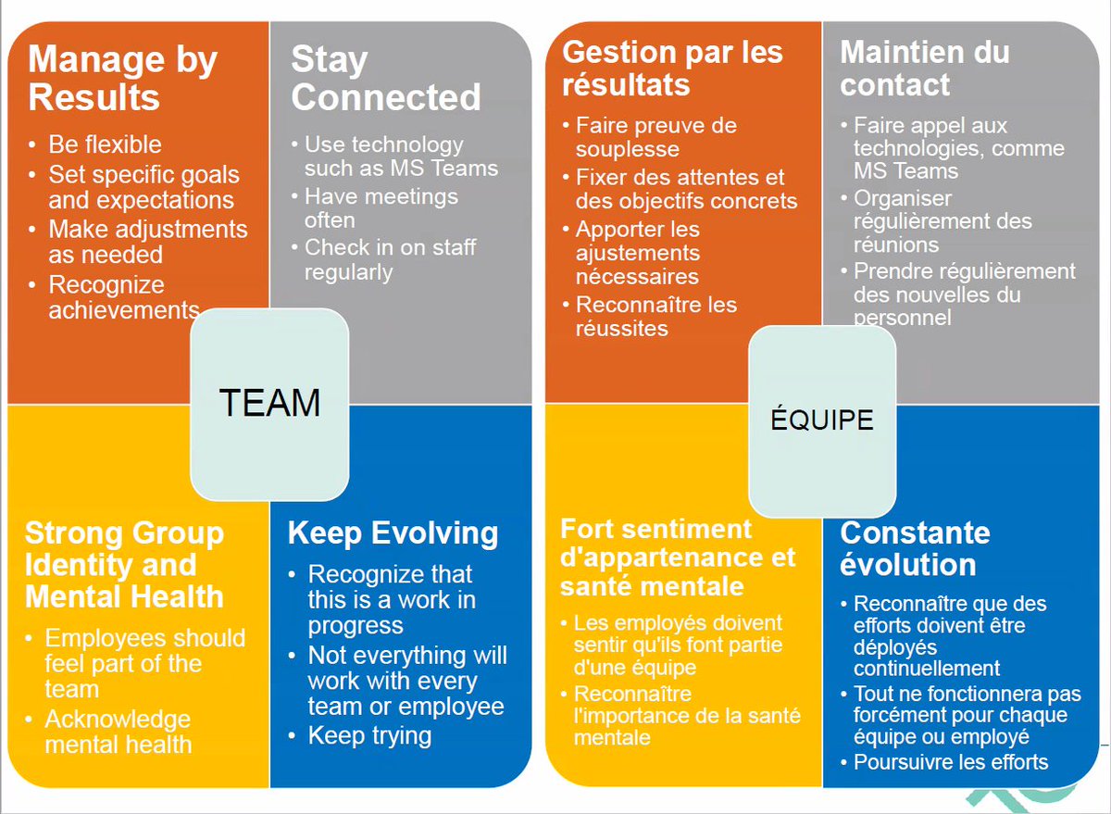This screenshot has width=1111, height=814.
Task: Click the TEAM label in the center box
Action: pyautogui.click(x=269, y=403)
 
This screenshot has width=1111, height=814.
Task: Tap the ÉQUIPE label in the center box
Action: pyautogui.click(x=821, y=420)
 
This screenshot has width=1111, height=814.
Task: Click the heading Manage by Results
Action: pyautogui.click(x=122, y=79)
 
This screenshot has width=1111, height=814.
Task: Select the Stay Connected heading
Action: pyautogui.click(x=385, y=79)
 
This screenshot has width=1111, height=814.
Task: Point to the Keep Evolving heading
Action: pyautogui.click(x=393, y=533)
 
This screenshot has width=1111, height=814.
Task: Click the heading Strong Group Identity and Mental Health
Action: pyautogui.click(x=124, y=565)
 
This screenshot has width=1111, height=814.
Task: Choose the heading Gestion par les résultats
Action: pyautogui.click(x=672, y=69)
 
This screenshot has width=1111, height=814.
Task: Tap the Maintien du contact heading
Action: pyautogui.click(x=924, y=69)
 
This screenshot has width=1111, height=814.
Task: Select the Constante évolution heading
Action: pyautogui.click(x=915, y=549)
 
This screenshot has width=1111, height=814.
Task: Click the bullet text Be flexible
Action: pyautogui.click(x=105, y=144)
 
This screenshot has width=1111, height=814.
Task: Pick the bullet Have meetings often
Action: pyautogui.click(x=381, y=208)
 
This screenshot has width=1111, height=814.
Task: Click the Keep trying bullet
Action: pyautogui.click(x=369, y=736)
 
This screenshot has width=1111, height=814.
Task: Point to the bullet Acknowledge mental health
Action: pyautogui.click(x=118, y=732)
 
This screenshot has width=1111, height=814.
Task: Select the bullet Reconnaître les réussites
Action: pyautogui.click(x=655, y=316)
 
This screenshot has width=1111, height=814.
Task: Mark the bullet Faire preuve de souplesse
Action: pyautogui.click(x=655, y=137)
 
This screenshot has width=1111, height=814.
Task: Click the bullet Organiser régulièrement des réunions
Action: pyautogui.click(x=942, y=222)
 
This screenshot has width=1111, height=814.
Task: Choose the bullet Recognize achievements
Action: pyautogui.click(x=123, y=297)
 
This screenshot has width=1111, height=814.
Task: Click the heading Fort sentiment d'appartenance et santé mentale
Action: pyautogui.click(x=678, y=557)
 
